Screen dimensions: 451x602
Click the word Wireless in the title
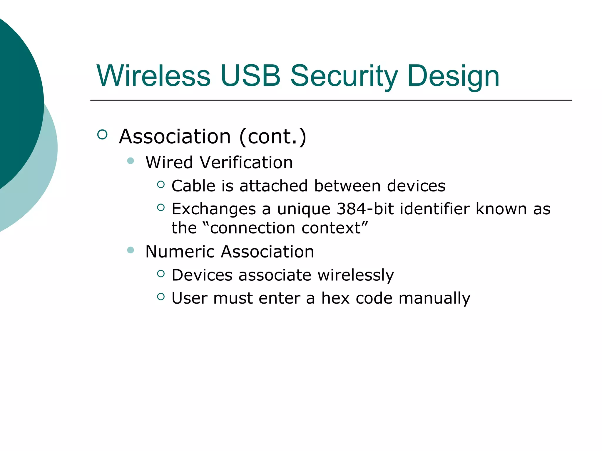pos(153,76)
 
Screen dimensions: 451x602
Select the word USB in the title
pos(250,76)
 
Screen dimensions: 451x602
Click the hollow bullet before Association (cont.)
pos(102,135)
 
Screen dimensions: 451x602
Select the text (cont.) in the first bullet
pos(273,137)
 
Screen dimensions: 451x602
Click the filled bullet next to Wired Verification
pos(131,161)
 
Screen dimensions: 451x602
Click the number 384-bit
pos(365,209)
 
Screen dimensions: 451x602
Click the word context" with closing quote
pos(335,228)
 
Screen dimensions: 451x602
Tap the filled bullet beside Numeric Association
pos(131,250)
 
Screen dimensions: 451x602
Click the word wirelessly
pos(356,275)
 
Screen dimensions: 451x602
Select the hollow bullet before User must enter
pos(161,297)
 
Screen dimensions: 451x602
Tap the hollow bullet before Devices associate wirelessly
pos(161,274)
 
